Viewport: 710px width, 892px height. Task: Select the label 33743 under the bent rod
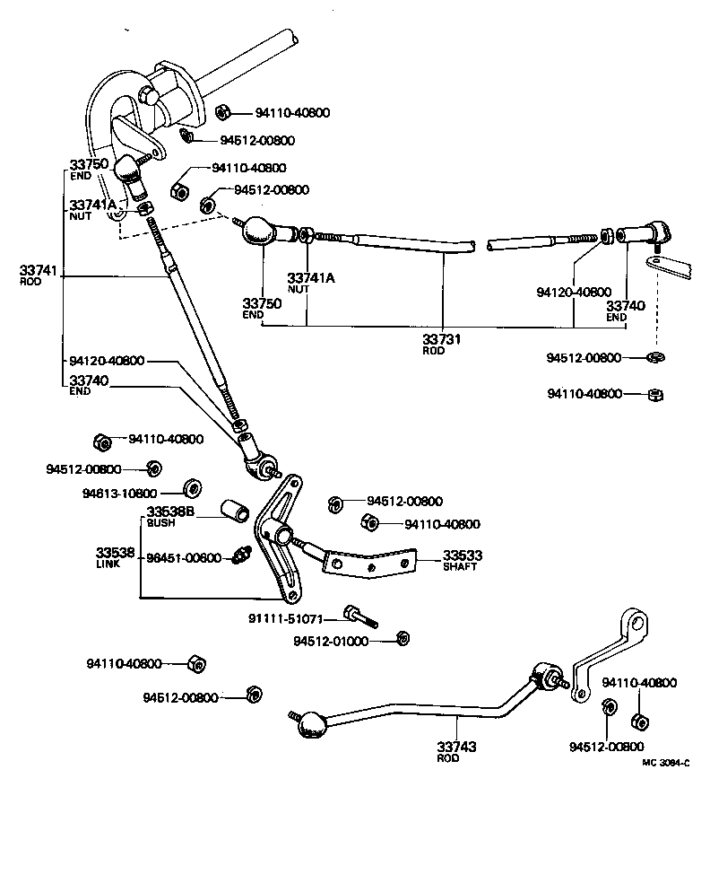point(456,747)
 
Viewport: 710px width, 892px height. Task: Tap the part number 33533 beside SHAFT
point(459,555)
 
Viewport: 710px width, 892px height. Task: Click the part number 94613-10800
point(119,494)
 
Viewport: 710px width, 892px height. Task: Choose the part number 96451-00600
point(184,557)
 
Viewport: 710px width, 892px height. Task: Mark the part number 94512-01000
point(331,641)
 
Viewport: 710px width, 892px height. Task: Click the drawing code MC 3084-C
point(665,763)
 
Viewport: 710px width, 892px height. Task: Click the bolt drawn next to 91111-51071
point(359,617)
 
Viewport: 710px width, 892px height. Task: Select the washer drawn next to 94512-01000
point(403,638)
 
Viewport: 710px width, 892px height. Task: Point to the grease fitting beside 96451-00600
point(239,556)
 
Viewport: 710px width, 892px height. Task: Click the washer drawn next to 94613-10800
point(191,489)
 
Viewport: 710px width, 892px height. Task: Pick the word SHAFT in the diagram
point(458,567)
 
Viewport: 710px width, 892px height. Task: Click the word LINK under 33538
point(108,564)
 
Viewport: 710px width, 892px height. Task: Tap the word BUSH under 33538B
point(162,522)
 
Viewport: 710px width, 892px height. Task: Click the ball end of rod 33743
point(312,725)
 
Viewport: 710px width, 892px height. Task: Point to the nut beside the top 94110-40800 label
point(226,111)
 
